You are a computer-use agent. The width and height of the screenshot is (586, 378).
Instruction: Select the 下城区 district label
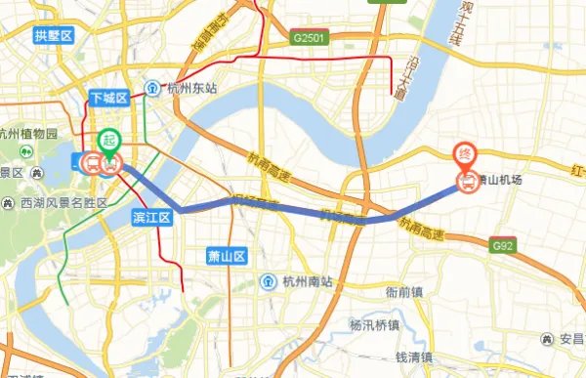click(x=108, y=99)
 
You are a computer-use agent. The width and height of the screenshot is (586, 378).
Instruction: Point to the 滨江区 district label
click(x=152, y=217)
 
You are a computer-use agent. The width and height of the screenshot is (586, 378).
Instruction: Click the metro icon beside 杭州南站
click(x=268, y=282)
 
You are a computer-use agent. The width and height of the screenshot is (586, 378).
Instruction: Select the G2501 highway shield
click(x=310, y=38)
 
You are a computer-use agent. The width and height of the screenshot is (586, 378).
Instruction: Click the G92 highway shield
click(x=502, y=244)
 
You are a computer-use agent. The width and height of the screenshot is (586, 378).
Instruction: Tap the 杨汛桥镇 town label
click(x=376, y=323)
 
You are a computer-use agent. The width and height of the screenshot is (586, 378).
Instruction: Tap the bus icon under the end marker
click(x=468, y=182)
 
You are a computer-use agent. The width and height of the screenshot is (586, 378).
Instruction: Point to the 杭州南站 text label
click(x=306, y=282)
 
